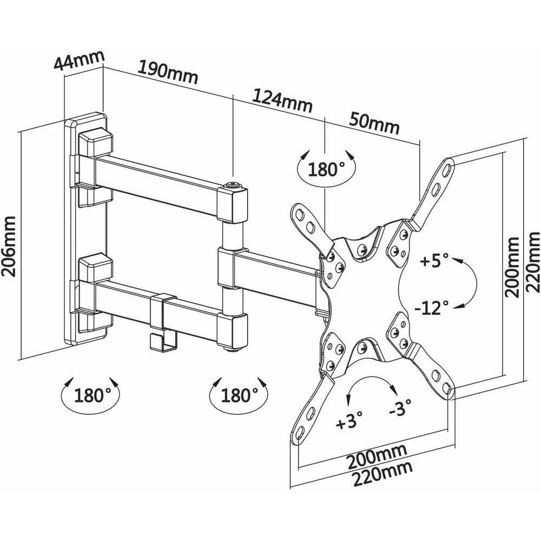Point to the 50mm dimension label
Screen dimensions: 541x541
tap(375, 123)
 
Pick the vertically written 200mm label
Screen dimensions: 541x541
tap(513, 267)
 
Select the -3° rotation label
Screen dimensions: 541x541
tap(400, 407)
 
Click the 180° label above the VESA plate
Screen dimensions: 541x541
tap(327, 169)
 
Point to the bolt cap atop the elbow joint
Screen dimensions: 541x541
tap(234, 186)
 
